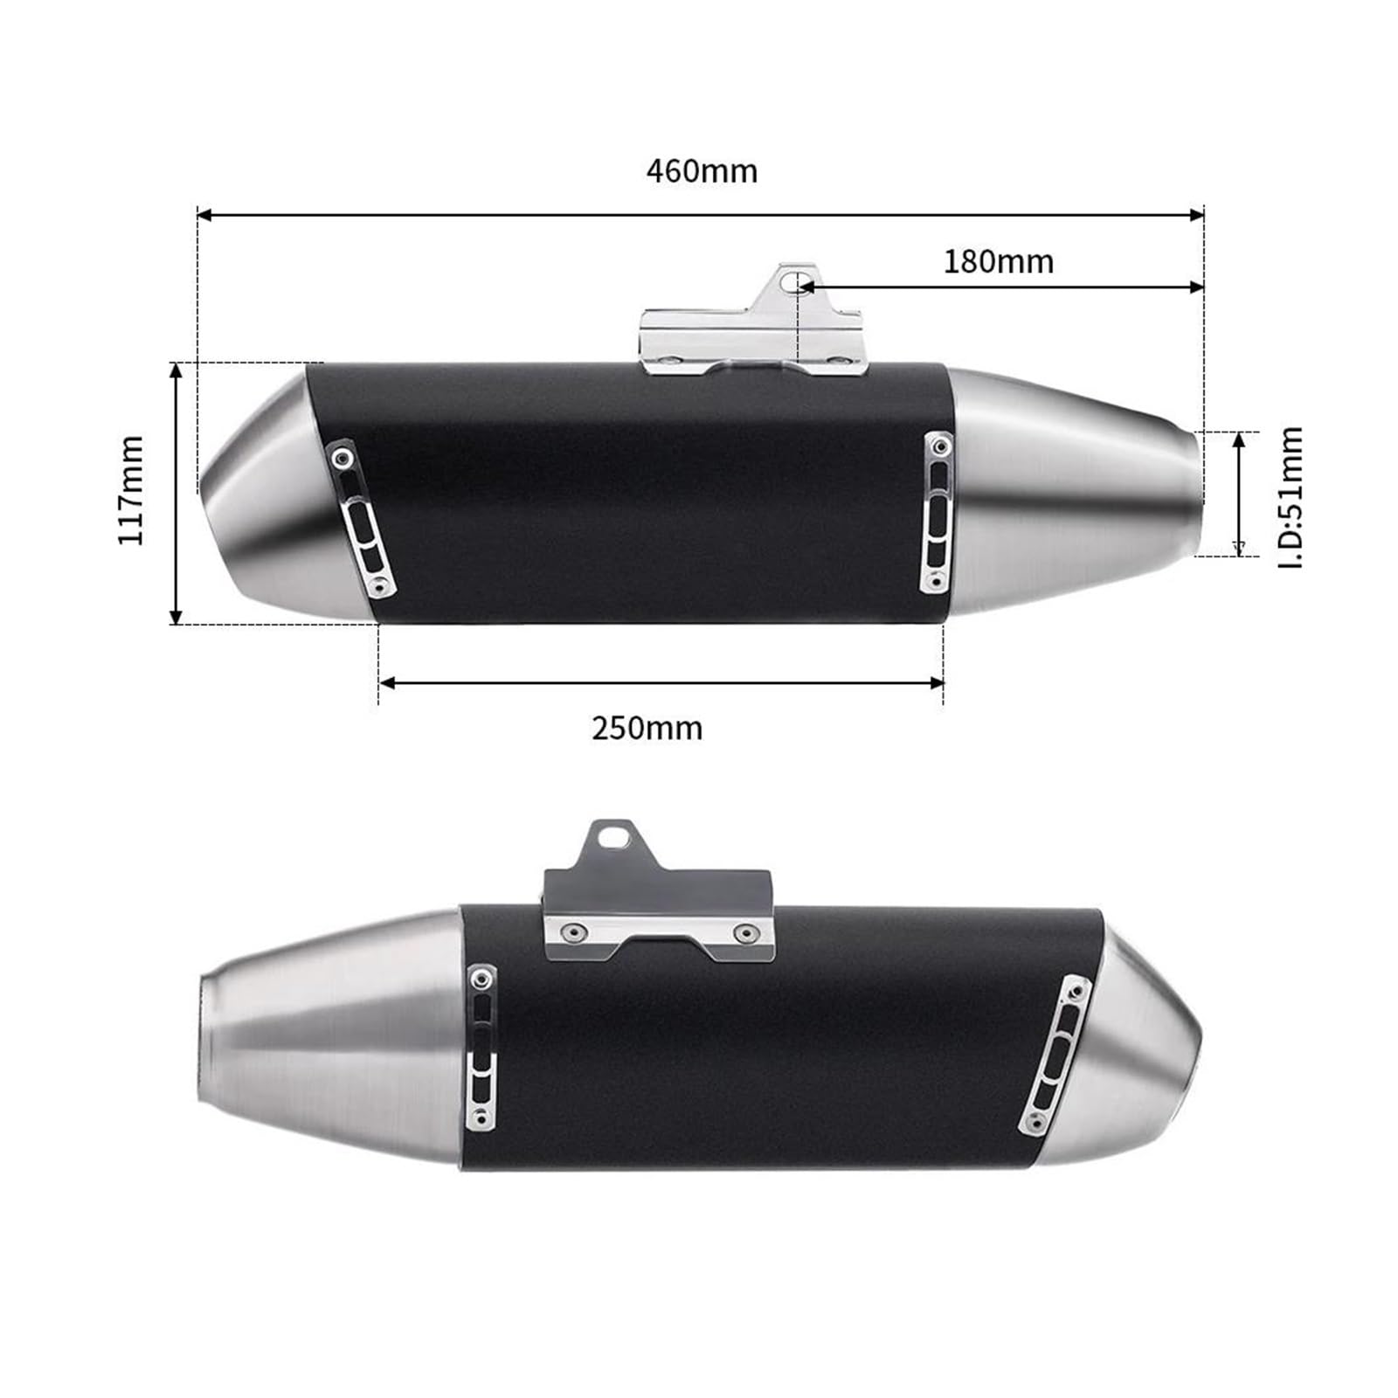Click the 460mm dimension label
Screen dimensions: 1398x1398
[x=702, y=171]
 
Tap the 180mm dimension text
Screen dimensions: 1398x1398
[x=999, y=261]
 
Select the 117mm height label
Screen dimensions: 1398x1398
[x=131, y=490]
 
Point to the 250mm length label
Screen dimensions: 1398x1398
[x=647, y=728]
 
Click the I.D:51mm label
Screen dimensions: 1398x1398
[x=1291, y=497]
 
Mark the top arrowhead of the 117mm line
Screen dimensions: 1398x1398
[x=176, y=370]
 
